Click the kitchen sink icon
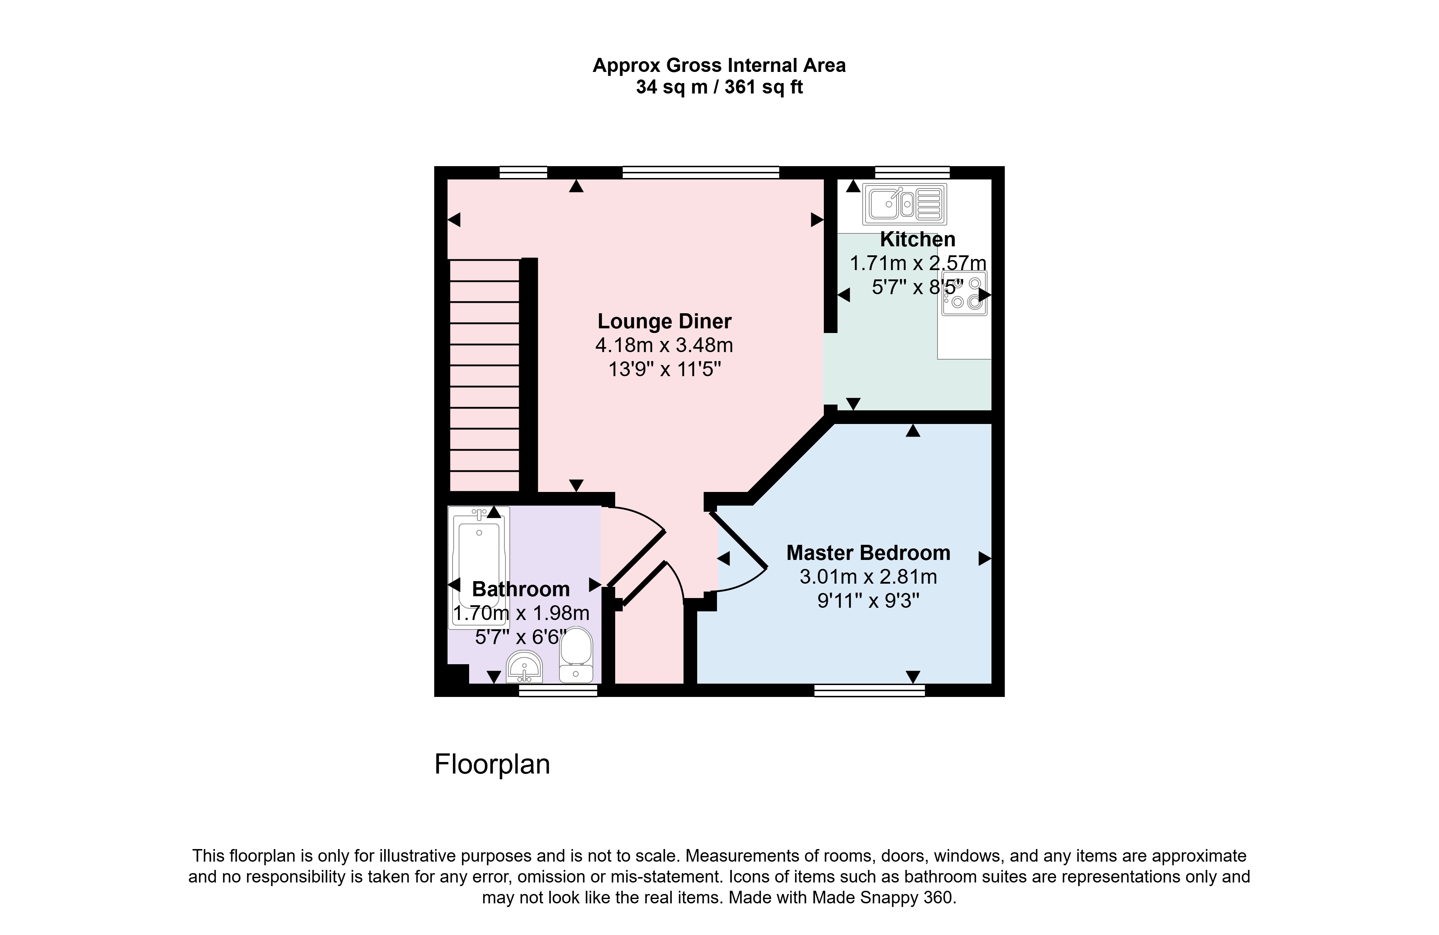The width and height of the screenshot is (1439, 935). click(x=904, y=204)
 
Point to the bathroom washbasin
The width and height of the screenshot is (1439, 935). click(x=524, y=667)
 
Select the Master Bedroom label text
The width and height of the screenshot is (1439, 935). click(x=868, y=552)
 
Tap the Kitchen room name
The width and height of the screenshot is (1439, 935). click(x=917, y=240)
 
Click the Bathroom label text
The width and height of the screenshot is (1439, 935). click(x=521, y=589)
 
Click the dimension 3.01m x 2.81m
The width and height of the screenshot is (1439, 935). click(x=868, y=576)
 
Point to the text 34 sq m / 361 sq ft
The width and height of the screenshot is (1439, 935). click(x=719, y=88)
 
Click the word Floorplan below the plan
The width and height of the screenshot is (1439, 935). click(x=492, y=765)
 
